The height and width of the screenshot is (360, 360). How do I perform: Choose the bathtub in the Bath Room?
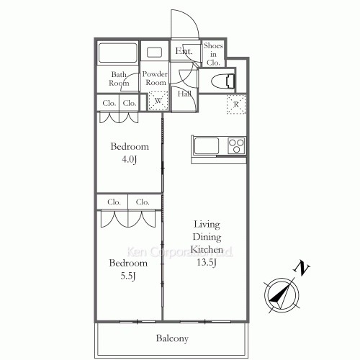click(116, 54)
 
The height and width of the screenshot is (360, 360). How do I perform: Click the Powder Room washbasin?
click(154, 53)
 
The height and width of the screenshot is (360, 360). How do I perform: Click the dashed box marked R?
click(236, 104)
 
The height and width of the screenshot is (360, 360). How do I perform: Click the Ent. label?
click(184, 51)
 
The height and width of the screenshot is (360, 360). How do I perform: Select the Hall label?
click(184, 94)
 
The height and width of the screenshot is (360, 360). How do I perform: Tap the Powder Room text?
click(154, 78)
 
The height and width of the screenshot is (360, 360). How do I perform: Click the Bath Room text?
click(119, 78)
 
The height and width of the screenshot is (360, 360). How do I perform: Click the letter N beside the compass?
click(303, 269)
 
